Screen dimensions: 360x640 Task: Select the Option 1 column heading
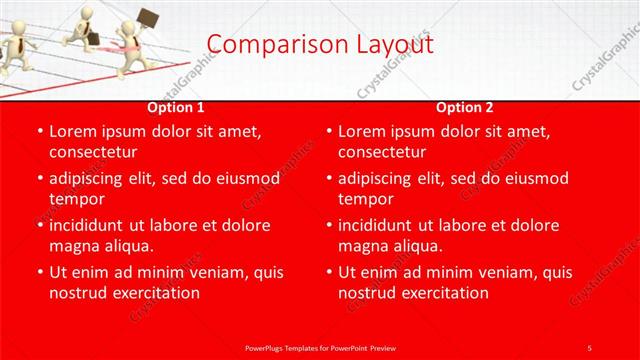[176, 107]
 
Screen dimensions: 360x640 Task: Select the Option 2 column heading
[465, 107]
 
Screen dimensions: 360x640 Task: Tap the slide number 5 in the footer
[589, 347]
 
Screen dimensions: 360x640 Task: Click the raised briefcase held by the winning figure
[148, 18]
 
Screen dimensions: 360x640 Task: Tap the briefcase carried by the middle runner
[92, 38]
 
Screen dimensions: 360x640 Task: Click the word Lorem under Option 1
[72, 131]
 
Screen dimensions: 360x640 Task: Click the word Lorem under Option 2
[361, 131]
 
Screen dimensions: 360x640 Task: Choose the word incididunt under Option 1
[91, 225]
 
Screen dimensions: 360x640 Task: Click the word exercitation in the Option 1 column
[153, 293]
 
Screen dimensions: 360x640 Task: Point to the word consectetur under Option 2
[382, 152]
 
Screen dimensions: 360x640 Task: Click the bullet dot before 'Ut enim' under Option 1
[39, 272]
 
